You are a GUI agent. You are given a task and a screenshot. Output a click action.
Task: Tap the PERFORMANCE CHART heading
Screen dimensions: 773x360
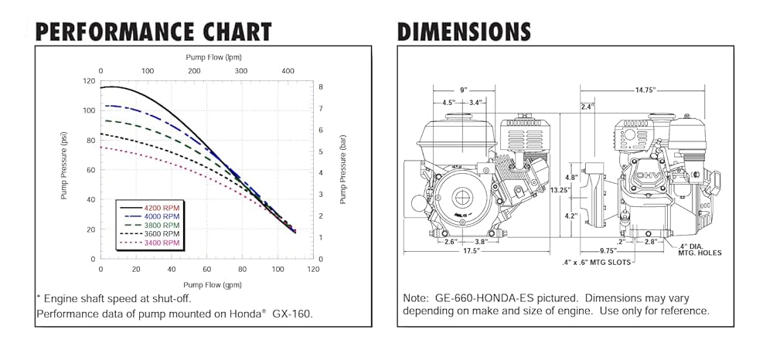[154, 32]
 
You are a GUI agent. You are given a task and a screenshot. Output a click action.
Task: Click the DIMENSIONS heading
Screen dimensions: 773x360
[464, 32]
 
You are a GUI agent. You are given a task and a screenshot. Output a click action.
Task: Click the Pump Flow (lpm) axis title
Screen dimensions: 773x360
[213, 57]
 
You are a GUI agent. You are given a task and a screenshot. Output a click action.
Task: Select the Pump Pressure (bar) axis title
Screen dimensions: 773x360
[343, 170]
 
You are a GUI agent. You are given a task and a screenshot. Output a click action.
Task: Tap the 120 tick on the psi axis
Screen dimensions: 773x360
[90, 81]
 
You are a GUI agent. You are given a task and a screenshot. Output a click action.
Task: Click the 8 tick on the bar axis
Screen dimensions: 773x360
[321, 87]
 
